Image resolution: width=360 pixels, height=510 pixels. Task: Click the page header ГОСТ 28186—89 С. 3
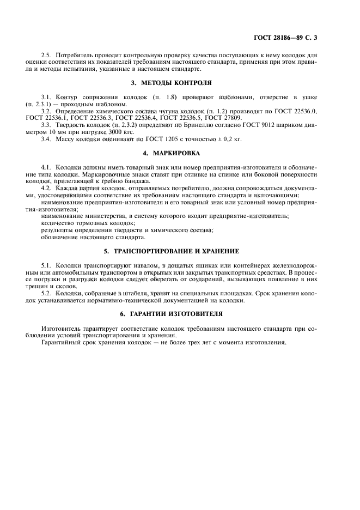coord(285,38)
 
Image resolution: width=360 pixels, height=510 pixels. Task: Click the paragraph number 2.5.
coord(46,56)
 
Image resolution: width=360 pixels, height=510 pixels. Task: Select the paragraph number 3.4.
coord(46,139)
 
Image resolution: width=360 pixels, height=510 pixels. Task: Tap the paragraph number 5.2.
coord(46,293)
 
